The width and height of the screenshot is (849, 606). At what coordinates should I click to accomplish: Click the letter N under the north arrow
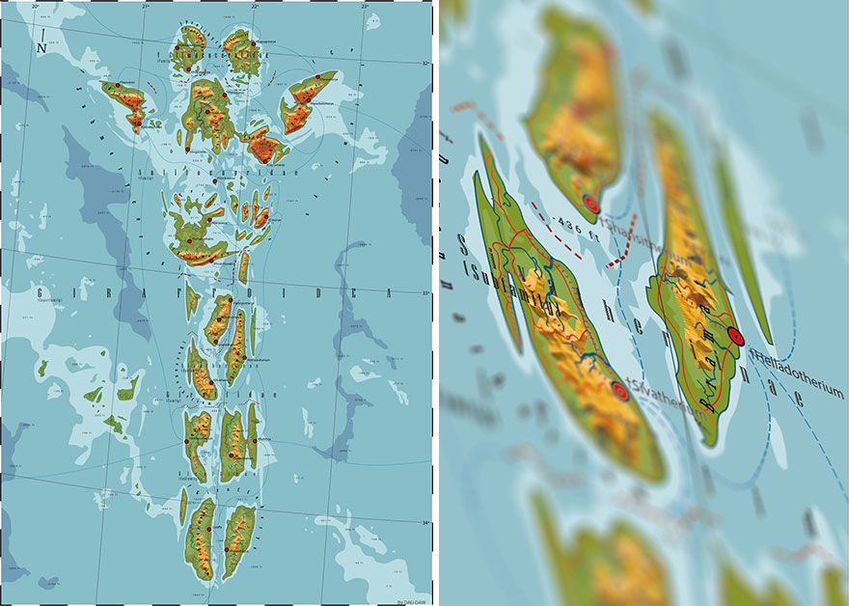pos(41,48)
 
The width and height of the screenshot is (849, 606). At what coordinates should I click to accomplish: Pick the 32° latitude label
pos(425,64)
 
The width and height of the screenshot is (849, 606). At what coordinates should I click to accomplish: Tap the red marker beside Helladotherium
pos(736,336)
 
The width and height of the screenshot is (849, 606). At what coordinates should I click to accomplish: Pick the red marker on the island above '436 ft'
pos(591,204)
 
